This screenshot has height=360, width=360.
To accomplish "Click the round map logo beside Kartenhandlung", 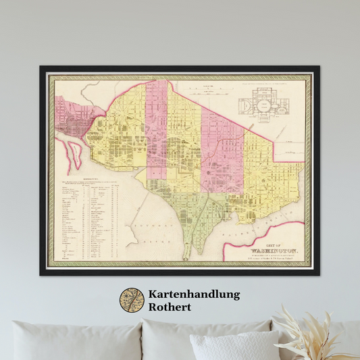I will coord(132,300).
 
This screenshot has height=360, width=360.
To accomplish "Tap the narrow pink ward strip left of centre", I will coord(157,128).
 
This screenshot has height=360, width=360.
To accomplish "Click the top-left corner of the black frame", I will coord(41,68).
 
